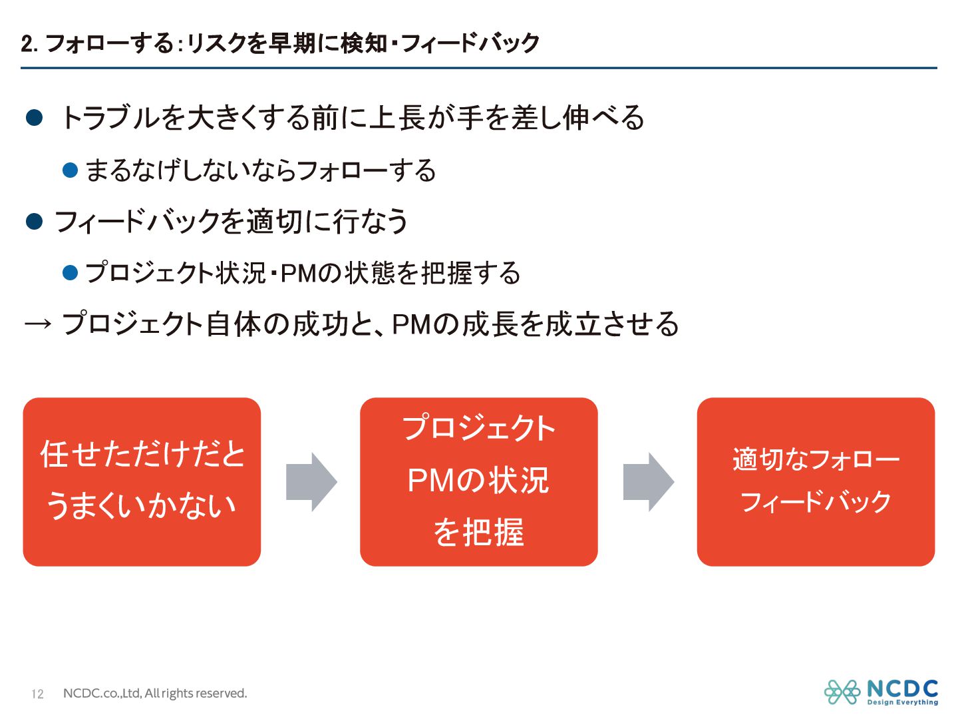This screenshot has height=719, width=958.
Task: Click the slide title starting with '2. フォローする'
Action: tap(279, 43)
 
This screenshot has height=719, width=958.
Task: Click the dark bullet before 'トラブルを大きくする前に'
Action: tap(35, 119)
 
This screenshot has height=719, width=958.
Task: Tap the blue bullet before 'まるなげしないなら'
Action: tap(71, 170)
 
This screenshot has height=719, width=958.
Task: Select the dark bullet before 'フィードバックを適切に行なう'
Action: tap(35, 221)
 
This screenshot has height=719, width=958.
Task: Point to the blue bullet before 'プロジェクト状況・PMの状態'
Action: tap(71, 272)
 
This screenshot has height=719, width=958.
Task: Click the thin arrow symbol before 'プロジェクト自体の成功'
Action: tap(38, 324)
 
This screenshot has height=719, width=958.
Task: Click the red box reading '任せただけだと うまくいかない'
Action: tap(142, 482)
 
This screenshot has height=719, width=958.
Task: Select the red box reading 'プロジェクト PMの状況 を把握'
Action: tap(478, 482)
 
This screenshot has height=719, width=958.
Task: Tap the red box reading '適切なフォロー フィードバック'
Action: tap(816, 482)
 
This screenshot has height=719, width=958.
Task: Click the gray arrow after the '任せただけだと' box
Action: tap(311, 482)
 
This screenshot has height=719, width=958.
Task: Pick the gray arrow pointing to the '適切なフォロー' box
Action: tap(648, 482)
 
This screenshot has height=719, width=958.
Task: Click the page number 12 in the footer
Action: tap(37, 694)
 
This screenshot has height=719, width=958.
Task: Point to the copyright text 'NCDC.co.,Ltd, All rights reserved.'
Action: tap(155, 694)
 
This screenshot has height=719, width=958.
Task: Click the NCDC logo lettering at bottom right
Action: tap(902, 688)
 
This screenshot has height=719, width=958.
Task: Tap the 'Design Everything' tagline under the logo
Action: tap(902, 702)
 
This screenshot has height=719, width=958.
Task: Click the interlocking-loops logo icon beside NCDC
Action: tap(842, 692)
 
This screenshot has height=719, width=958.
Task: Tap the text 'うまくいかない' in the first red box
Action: tap(142, 506)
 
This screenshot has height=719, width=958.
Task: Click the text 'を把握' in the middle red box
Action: tap(478, 533)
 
